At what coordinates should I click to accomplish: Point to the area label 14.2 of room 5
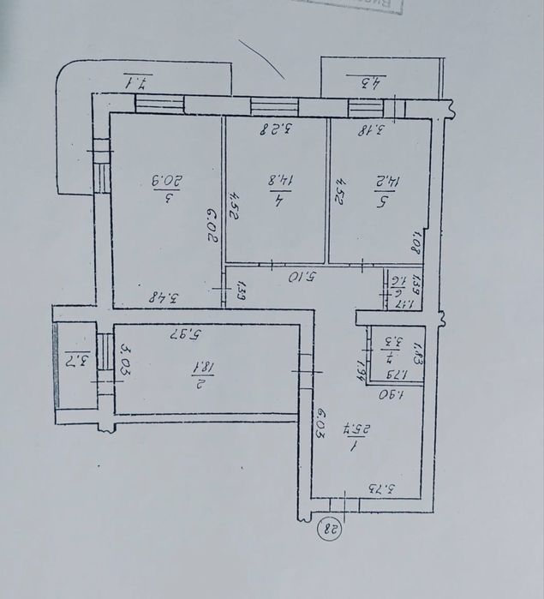click(380, 181)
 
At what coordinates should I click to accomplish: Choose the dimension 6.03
click(320, 422)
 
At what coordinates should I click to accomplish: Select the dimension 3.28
click(278, 130)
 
